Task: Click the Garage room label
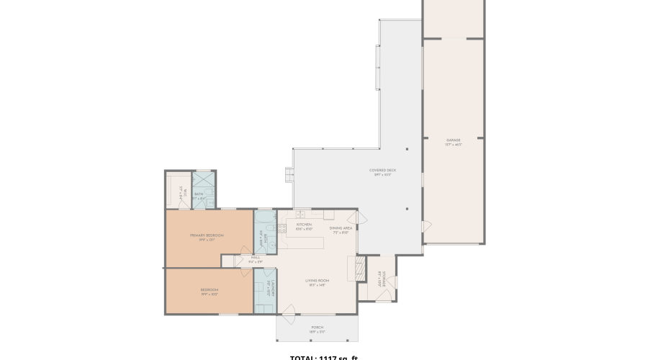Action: pyautogui.click(x=453, y=140)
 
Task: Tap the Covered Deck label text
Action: pyautogui.click(x=382, y=171)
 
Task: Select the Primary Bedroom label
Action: pyautogui.click(x=207, y=236)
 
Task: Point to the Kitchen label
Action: pyautogui.click(x=304, y=225)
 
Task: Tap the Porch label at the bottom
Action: pyautogui.click(x=318, y=328)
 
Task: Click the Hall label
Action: pyautogui.click(x=256, y=258)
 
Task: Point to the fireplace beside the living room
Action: pyautogui.click(x=353, y=269)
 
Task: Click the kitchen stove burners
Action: pyautogui.click(x=282, y=229)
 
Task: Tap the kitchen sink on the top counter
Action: pyautogui.click(x=300, y=214)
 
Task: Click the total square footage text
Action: pyautogui.click(x=323, y=357)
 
